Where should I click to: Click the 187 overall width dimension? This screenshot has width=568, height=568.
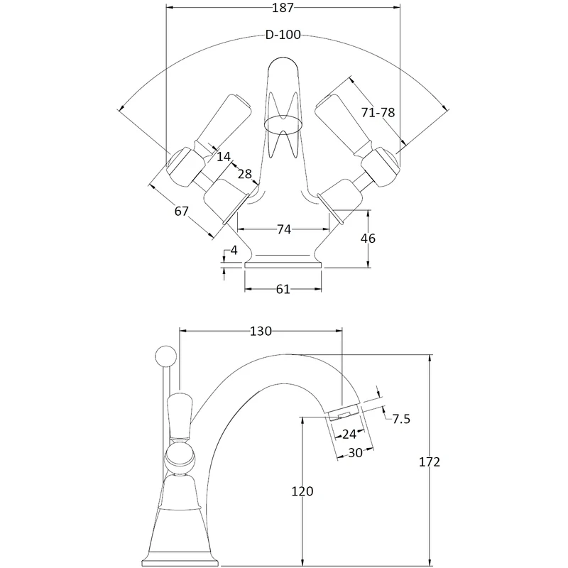[x=282, y=8]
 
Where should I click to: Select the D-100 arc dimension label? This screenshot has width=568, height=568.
[x=282, y=35]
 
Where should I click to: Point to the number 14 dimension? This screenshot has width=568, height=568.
[x=224, y=156]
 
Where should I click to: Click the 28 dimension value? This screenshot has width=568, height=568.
[x=244, y=175]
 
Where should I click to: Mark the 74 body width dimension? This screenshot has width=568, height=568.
[x=283, y=229]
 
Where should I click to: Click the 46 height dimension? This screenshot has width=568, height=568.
[x=368, y=239]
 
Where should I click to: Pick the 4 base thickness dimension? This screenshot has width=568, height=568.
[x=234, y=251]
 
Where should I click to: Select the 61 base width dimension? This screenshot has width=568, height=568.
[x=283, y=289]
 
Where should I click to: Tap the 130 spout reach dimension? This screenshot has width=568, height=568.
[x=261, y=331]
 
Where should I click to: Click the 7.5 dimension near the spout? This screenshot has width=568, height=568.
[x=401, y=419]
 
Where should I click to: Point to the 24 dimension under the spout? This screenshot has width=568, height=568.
[x=349, y=435]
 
